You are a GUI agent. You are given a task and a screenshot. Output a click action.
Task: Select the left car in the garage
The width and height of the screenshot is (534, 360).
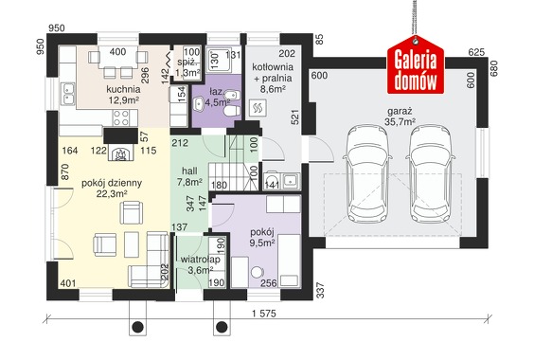(367, 173)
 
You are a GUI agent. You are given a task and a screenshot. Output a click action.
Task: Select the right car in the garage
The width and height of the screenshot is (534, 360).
(431, 173)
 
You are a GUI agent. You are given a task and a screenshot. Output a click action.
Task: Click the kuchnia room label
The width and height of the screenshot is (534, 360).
(123, 89)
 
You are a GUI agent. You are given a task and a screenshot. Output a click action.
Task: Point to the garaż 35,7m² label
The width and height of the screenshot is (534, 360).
(400, 117)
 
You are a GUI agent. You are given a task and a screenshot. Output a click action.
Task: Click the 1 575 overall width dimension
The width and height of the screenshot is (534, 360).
(264, 314)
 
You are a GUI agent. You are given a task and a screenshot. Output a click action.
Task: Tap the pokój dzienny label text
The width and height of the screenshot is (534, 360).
(112, 184)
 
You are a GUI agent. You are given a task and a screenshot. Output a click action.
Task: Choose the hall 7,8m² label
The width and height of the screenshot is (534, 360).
(189, 176)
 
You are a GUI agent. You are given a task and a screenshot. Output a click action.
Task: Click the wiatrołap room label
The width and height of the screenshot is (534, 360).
(201, 260)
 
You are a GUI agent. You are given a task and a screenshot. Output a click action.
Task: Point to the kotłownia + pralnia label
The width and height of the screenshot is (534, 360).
(273, 72)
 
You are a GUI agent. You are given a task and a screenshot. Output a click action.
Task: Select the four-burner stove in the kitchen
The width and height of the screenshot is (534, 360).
(120, 117)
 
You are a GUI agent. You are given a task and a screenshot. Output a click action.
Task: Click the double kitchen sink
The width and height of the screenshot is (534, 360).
(68, 94)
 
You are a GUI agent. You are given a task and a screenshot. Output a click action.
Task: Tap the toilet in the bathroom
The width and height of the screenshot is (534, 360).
(233, 111)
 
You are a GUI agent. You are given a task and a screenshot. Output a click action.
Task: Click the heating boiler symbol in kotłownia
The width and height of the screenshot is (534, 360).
(258, 108)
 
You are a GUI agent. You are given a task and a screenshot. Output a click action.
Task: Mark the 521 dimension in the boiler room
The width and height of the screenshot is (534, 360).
(294, 117)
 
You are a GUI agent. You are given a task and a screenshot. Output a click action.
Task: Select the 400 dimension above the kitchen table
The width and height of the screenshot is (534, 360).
(117, 52)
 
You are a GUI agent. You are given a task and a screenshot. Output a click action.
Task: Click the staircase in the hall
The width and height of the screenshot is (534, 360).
(234, 164)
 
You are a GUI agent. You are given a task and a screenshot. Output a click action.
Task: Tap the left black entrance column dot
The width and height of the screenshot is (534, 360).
(137, 327)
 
